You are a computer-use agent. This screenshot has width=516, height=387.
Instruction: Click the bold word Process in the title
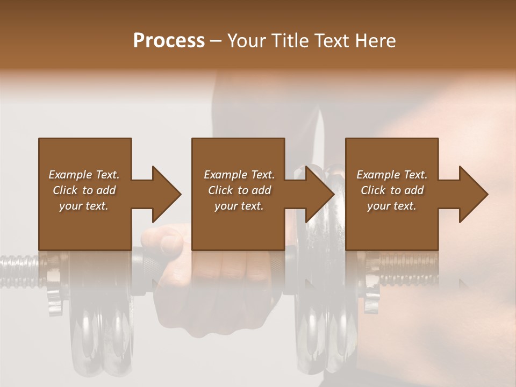click(169, 41)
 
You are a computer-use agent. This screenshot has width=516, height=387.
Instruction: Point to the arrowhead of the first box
click(167, 194)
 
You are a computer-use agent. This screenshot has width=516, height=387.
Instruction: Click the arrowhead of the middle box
click(320, 194)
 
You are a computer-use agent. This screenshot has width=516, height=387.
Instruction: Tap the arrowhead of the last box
click(474, 194)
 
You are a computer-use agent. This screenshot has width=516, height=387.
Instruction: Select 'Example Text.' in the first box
click(84, 175)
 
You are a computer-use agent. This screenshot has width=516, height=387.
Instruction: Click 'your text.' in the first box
click(84, 206)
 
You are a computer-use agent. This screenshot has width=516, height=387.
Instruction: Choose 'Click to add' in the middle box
click(239, 190)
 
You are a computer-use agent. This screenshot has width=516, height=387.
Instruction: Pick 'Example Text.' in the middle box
click(239, 175)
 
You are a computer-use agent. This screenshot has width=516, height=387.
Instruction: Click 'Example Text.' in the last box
click(392, 175)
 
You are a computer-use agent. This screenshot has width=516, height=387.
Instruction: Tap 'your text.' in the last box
click(392, 206)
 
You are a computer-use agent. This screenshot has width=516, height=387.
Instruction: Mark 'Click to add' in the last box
click(392, 190)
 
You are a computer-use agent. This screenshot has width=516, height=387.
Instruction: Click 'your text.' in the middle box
click(239, 206)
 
